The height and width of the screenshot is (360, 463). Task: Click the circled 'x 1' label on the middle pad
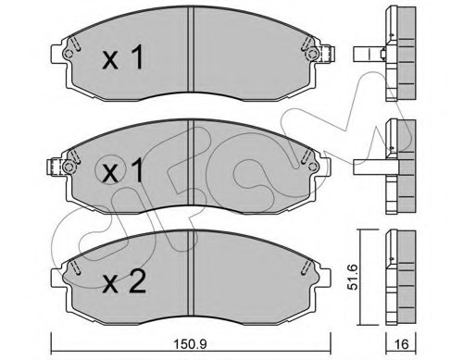[x=120, y=173]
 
